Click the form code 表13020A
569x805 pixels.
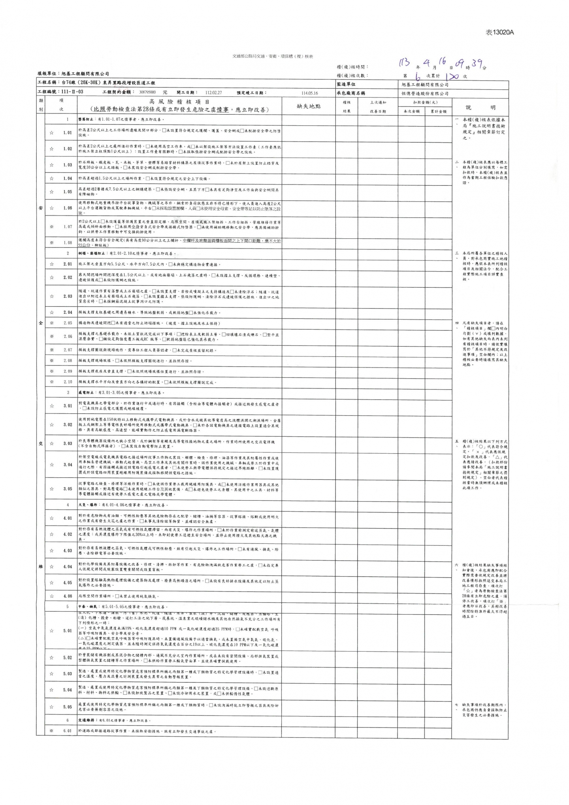(x=499, y=32)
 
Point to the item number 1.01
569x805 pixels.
(x=68, y=133)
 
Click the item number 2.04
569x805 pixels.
(x=68, y=313)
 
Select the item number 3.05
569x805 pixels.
(x=68, y=489)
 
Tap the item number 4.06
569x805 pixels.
(x=68, y=596)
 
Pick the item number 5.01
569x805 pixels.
(x=68, y=631)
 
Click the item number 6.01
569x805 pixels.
(x=68, y=731)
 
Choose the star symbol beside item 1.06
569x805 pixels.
(x=51, y=208)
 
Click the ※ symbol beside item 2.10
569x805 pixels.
(x=51, y=382)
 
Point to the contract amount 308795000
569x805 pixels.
(x=147, y=93)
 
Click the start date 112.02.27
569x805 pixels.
(x=213, y=93)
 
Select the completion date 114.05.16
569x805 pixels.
(x=309, y=93)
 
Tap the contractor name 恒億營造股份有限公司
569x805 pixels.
(x=425, y=94)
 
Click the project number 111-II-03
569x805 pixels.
(x=71, y=92)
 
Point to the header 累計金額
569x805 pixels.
(x=438, y=112)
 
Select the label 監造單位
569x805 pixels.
(x=346, y=84)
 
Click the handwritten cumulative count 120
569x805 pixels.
(x=451, y=77)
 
